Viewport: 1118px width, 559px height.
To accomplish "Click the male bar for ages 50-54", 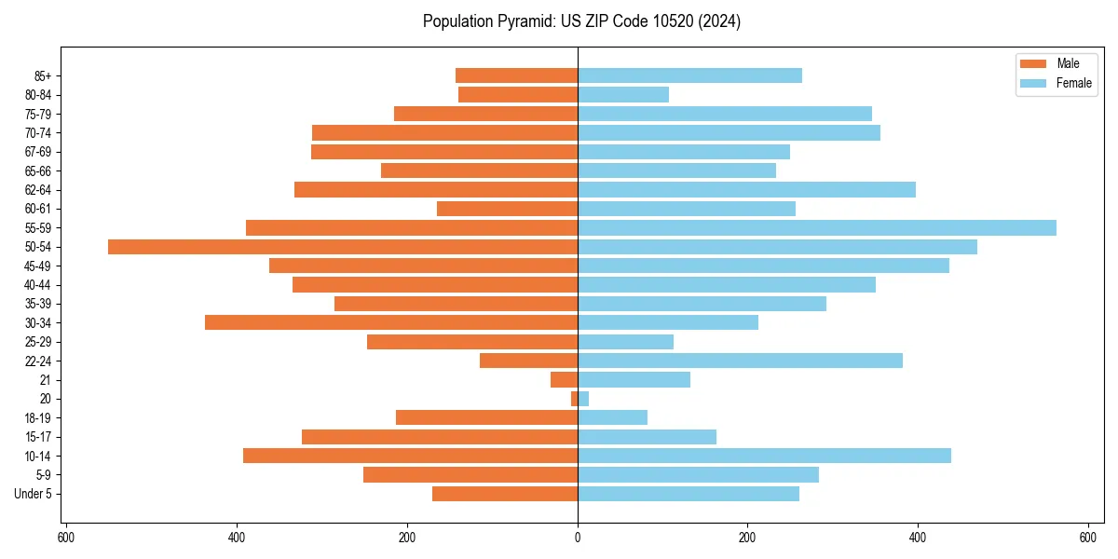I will click(x=343, y=247).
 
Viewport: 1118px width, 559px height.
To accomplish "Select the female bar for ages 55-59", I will click(x=817, y=228).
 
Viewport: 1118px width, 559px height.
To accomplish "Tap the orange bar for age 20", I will click(x=574, y=399).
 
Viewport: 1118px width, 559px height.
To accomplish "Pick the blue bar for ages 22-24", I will click(x=740, y=361).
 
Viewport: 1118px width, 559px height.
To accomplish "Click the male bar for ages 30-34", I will click(x=391, y=322).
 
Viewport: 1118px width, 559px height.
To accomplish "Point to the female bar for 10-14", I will click(x=764, y=456).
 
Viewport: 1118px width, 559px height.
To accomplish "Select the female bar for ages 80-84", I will click(x=623, y=95).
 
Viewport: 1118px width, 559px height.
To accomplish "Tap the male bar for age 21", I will click(x=564, y=380).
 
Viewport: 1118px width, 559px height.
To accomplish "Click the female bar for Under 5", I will click(x=689, y=494).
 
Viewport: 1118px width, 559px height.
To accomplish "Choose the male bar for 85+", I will click(x=516, y=75).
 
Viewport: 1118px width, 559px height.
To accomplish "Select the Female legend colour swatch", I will click(x=1033, y=83).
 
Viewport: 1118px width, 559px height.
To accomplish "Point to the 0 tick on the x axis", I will click(x=578, y=538).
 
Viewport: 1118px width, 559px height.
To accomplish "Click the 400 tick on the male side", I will click(x=237, y=538).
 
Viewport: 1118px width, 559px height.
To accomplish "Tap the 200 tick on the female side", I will click(x=747, y=538).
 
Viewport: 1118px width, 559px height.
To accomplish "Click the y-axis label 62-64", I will click(x=38, y=190).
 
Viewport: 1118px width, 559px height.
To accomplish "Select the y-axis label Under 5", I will click(x=33, y=494).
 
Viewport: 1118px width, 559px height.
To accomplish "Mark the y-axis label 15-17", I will click(x=38, y=437).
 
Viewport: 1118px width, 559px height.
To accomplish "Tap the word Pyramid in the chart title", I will click(x=522, y=21).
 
